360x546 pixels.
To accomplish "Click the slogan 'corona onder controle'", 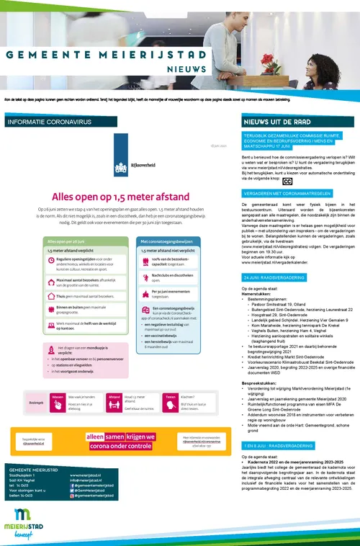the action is (120, 446).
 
